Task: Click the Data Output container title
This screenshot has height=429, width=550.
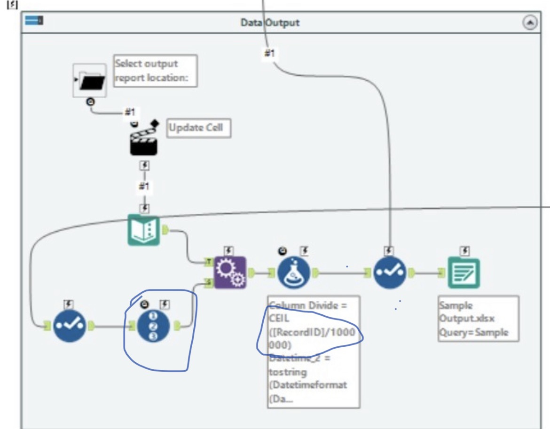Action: [269, 23]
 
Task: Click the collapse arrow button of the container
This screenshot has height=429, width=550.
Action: [530, 23]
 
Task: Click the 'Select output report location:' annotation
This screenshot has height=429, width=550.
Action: [155, 71]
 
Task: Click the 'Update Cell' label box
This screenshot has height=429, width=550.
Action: [199, 127]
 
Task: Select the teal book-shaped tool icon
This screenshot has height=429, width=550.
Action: [144, 230]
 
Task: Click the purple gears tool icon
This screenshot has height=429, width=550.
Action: [230, 273]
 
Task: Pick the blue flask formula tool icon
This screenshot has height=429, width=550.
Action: [294, 273]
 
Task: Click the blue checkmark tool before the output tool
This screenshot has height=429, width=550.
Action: [390, 273]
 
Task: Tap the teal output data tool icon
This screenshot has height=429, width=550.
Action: [464, 273]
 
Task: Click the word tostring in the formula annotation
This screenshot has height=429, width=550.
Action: [288, 372]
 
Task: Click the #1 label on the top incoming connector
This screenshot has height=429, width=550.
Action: [269, 54]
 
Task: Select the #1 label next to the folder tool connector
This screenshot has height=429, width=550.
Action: [129, 112]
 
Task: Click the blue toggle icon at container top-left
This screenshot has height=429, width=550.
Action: [34, 21]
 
